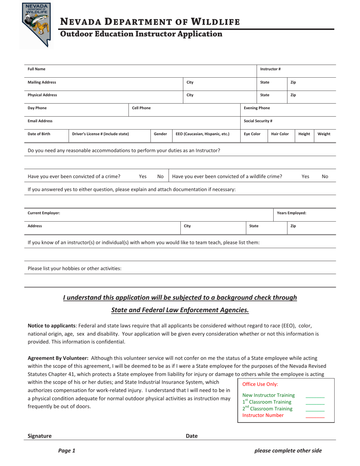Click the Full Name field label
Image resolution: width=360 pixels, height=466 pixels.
tap(36, 69)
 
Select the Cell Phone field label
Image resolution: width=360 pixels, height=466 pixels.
tap(141, 108)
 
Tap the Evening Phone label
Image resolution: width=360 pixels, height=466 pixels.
tap(257, 108)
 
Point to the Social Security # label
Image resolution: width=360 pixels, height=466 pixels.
tap(258, 121)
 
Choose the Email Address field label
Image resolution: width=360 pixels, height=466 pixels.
tap(40, 121)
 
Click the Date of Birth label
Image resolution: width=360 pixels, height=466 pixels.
tap(39, 134)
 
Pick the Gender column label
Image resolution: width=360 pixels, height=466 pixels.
tap(160, 134)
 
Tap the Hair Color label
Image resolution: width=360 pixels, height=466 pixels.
tap(280, 134)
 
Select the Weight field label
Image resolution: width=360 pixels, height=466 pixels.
tap(324, 134)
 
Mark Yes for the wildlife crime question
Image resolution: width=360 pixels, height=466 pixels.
tap(305, 176)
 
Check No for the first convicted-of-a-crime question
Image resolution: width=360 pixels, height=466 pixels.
tap(160, 176)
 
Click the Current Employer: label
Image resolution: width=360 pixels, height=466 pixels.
tap(44, 213)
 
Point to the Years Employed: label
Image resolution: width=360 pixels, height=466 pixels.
tap(291, 213)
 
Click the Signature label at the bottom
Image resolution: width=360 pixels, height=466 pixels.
tap(39, 436)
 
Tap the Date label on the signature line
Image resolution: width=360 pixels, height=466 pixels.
tap(191, 436)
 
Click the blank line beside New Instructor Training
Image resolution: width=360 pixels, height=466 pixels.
tap(315, 396)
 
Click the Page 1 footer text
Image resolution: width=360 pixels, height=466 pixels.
tap(67, 450)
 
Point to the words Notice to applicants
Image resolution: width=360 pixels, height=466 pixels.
tap(52, 325)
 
